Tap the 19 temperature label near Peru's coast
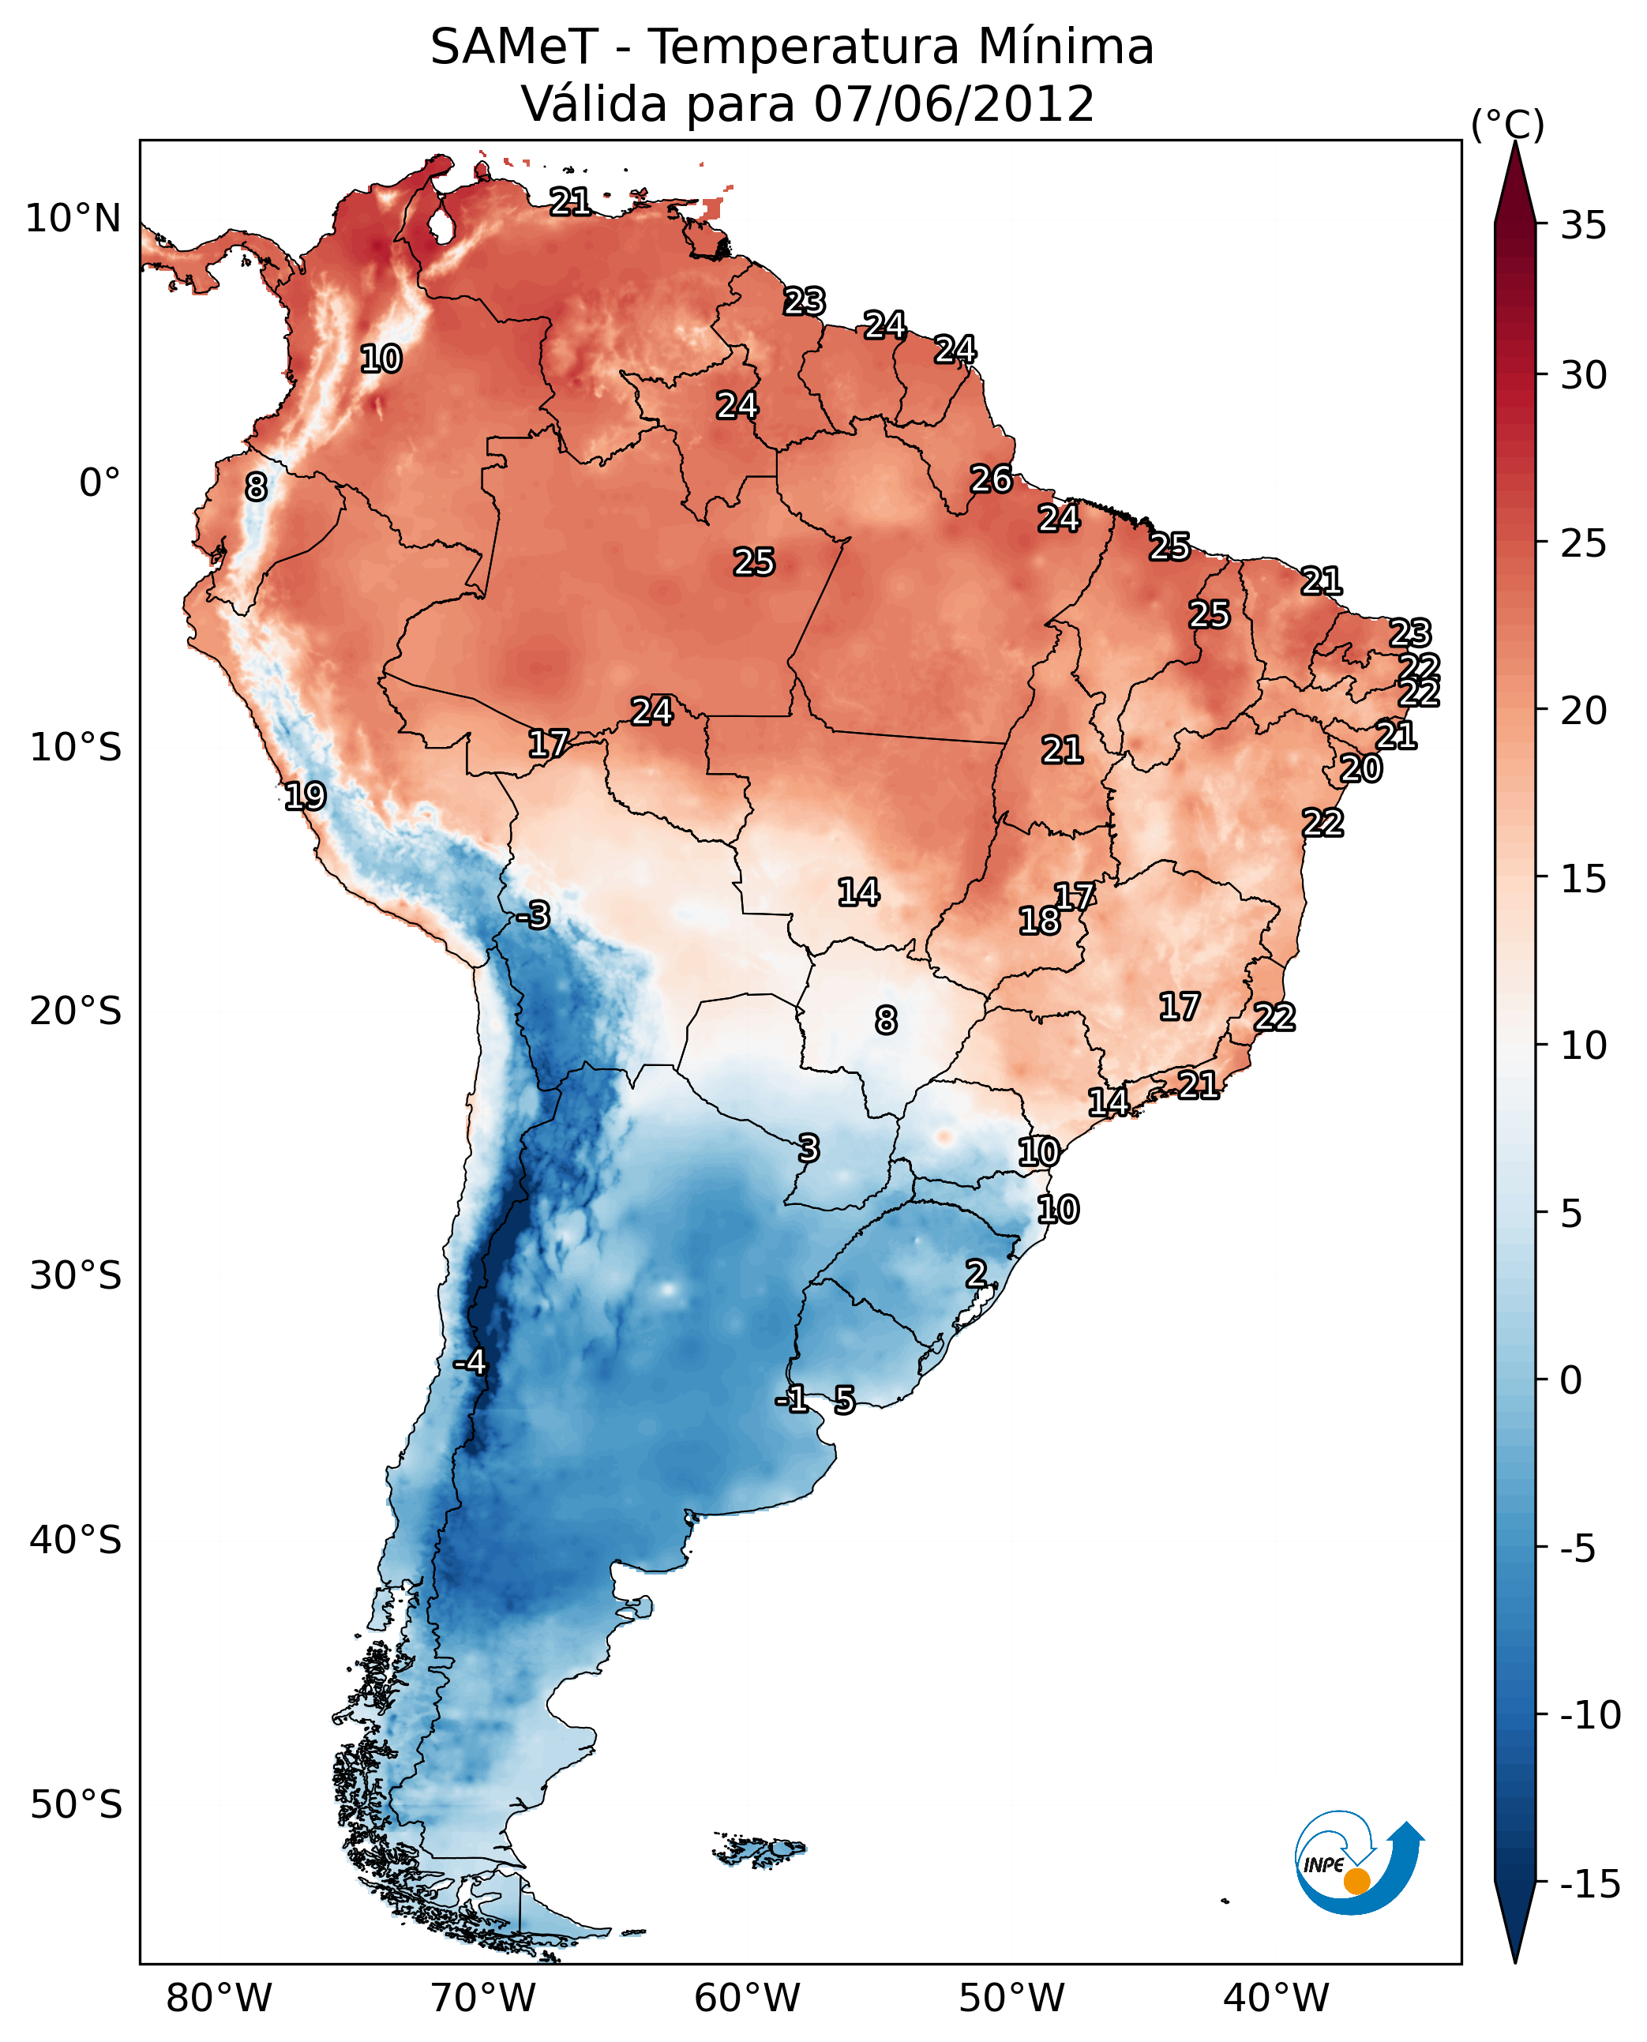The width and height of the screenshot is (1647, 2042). pyautogui.click(x=306, y=796)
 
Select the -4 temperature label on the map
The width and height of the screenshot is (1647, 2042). pyautogui.click(x=470, y=1363)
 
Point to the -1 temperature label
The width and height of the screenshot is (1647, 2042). pyautogui.click(x=791, y=1398)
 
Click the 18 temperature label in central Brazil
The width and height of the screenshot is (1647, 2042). pyautogui.click(x=1039, y=921)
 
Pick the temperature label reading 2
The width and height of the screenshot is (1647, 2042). pyautogui.click(x=976, y=1274)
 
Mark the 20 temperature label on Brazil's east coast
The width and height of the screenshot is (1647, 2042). pyautogui.click(x=1361, y=768)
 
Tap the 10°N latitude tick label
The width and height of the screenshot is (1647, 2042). pyautogui.click(x=73, y=220)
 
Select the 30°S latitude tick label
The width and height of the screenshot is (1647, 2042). pyautogui.click(x=76, y=1276)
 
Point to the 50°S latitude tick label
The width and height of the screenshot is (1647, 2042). pyautogui.click(x=76, y=1805)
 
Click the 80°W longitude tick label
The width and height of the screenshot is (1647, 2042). pyautogui.click(x=219, y=1999)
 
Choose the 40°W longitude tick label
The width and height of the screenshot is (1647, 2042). pyautogui.click(x=1276, y=1999)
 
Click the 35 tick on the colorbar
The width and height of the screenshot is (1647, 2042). pyautogui.click(x=1583, y=226)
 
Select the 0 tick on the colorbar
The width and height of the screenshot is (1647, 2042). pyautogui.click(x=1571, y=1380)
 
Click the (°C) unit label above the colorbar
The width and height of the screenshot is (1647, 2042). pyautogui.click(x=1507, y=124)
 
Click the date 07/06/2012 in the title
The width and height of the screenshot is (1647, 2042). pyautogui.click(x=954, y=103)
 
